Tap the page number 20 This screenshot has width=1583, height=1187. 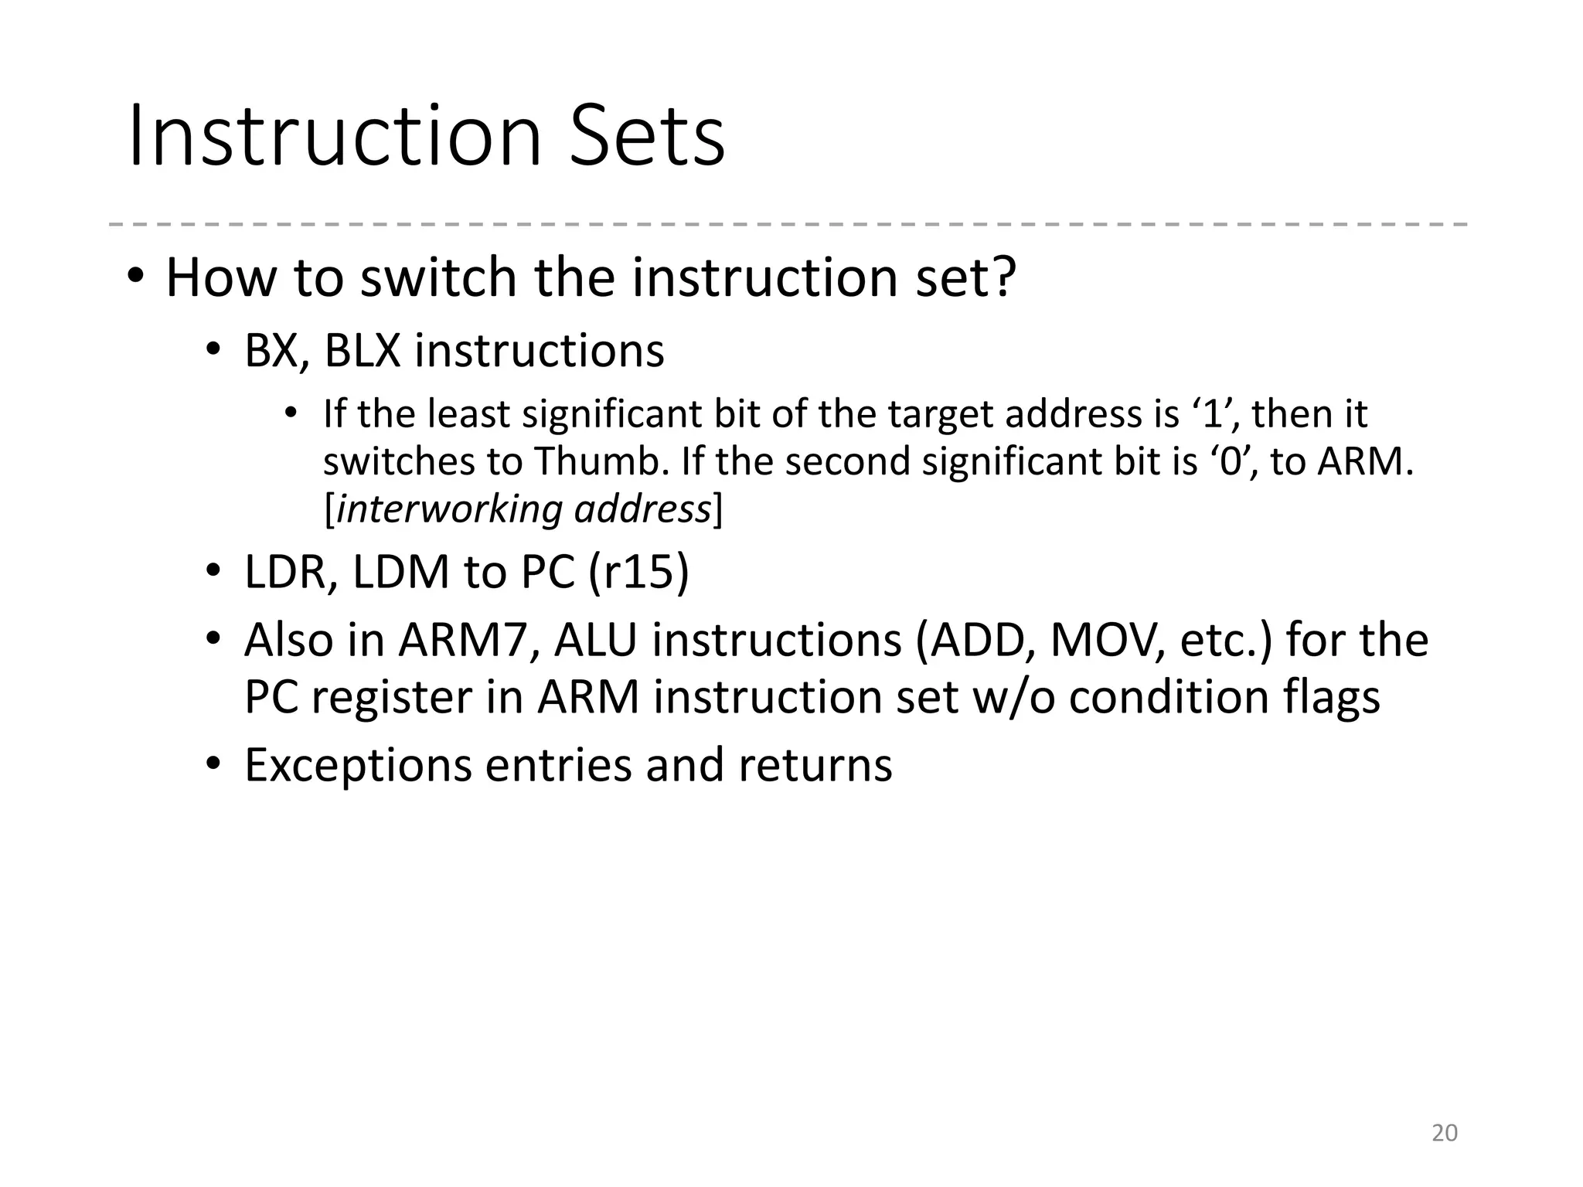point(1444,1133)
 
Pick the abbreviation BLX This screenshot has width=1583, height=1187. point(363,351)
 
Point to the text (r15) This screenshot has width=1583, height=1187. point(638,573)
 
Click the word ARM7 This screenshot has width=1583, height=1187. point(461,641)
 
